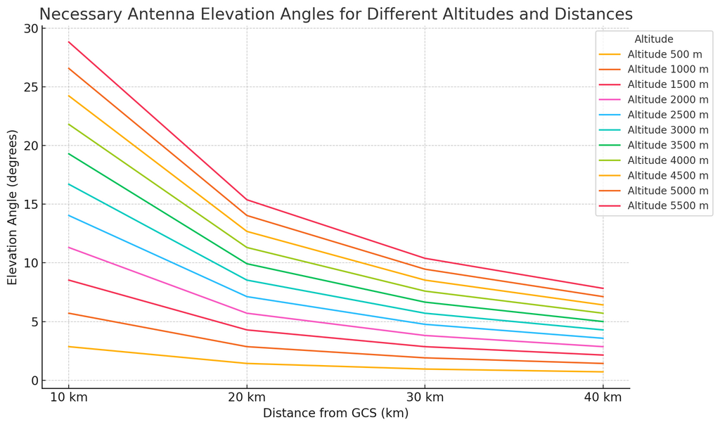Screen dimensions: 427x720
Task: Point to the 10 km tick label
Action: point(68,397)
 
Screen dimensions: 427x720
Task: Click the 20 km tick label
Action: point(246,397)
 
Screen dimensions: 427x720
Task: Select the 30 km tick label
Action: point(424,397)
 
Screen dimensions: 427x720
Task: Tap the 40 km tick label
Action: point(603,397)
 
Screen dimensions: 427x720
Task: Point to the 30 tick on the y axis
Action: point(30,29)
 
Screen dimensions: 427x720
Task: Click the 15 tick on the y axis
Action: point(30,205)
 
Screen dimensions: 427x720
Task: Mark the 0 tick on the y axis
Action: point(34,381)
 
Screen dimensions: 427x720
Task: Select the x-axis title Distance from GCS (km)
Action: point(335,413)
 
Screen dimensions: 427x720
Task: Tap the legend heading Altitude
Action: point(653,39)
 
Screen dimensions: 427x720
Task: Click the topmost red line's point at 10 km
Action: point(68,42)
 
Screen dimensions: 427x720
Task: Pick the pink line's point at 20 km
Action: point(246,313)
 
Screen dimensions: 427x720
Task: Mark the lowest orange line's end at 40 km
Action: point(603,372)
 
